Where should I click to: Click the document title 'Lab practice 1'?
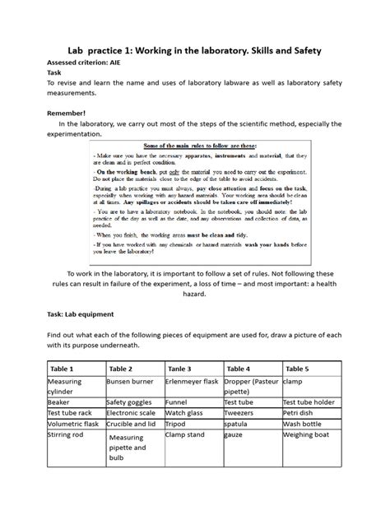tap(194, 52)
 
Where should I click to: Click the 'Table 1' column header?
tap(62, 369)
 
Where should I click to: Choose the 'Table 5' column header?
tap(299, 369)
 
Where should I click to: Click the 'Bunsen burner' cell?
tap(130, 383)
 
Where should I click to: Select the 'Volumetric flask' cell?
tap(73, 424)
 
